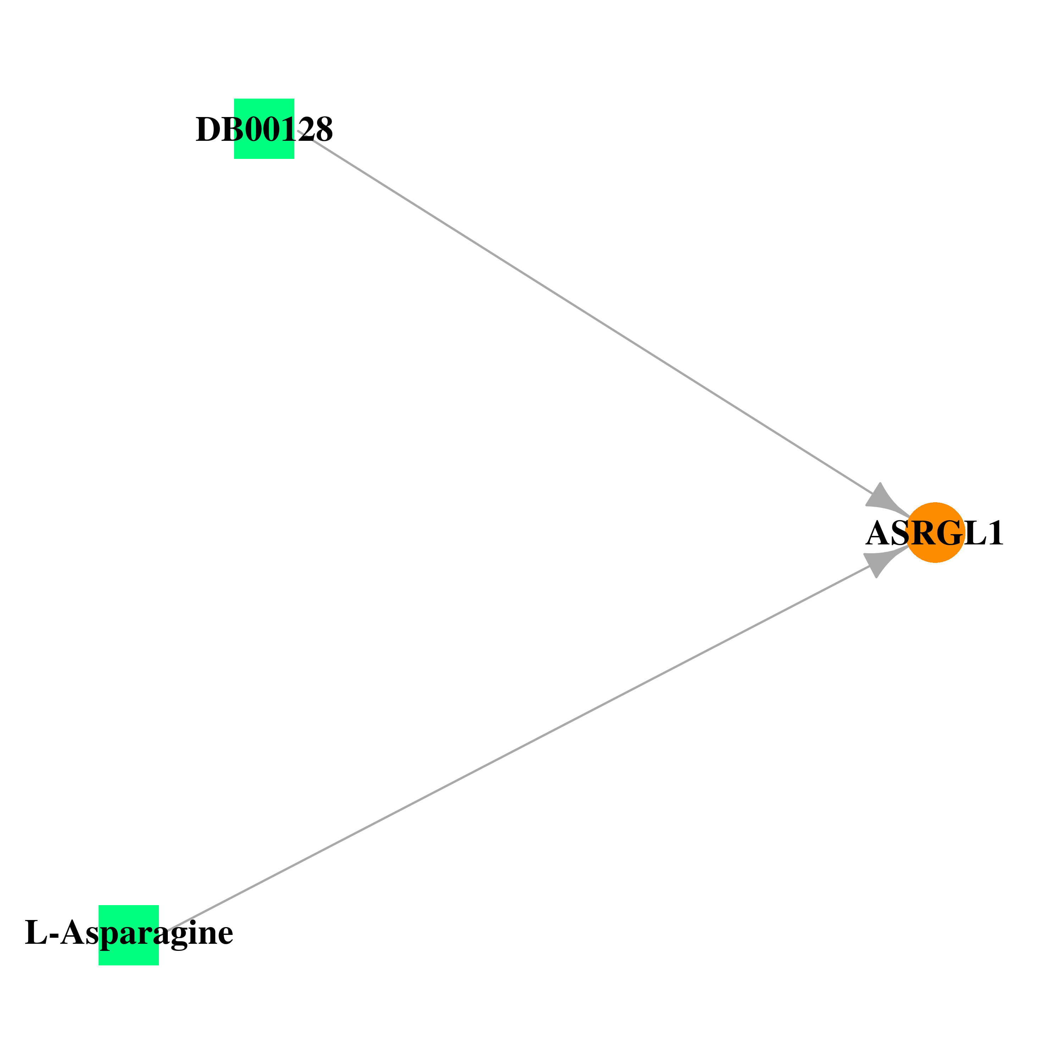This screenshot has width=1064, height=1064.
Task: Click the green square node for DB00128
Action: [x=264, y=129]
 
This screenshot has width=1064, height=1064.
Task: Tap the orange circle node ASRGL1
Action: [x=935, y=533]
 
